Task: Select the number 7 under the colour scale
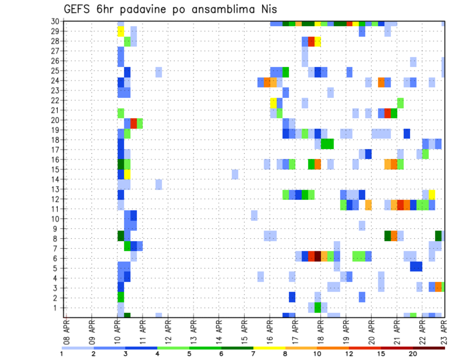pos(254,353)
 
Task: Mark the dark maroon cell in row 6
pos(317,256)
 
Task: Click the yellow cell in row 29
pos(121,31)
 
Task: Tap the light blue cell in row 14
pos(235,174)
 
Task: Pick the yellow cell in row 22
pos(273,103)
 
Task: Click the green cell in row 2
pos(121,297)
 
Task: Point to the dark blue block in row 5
pos(416,266)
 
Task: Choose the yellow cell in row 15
pos(127,174)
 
